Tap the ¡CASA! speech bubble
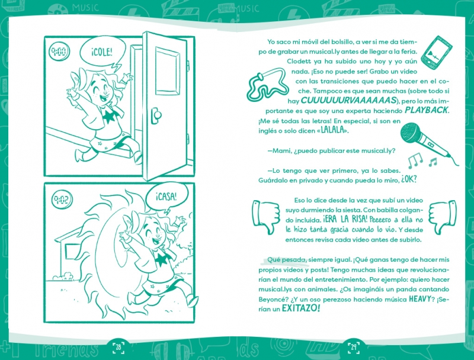pyautogui.click(x=166, y=198)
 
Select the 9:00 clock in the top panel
pyautogui.click(x=59, y=52)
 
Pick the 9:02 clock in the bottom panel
pyautogui.click(x=62, y=200)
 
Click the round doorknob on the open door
pyautogui.click(x=156, y=115)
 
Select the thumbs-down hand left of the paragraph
pyautogui.click(x=266, y=217)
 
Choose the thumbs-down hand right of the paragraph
pyautogui.click(x=442, y=217)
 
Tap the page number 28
pyautogui.click(x=118, y=347)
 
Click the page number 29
pyautogui.click(x=353, y=347)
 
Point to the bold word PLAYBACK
pyautogui.click(x=427, y=110)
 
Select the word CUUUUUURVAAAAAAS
pyautogui.click(x=348, y=100)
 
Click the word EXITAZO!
pyautogui.click(x=300, y=308)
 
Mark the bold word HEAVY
pyautogui.click(x=419, y=299)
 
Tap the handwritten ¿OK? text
pyautogui.click(x=409, y=179)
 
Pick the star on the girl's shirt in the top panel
pyautogui.click(x=109, y=116)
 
